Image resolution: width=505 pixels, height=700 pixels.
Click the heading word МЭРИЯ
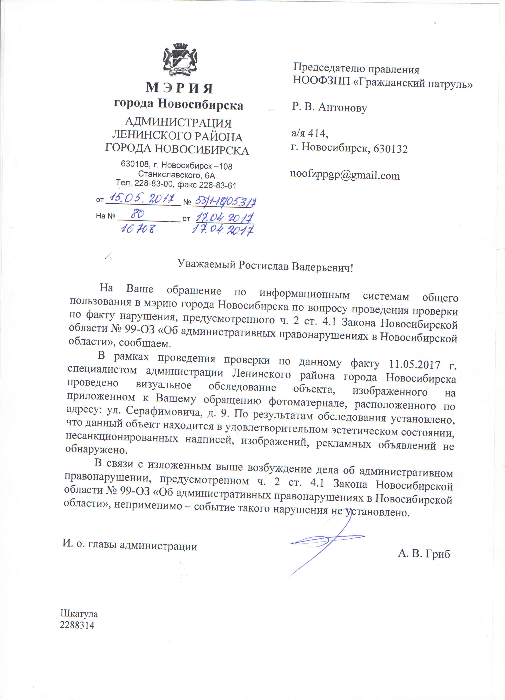click(x=179, y=88)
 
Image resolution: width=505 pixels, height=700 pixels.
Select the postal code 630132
click(x=391, y=149)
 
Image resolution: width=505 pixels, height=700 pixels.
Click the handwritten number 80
click(x=137, y=213)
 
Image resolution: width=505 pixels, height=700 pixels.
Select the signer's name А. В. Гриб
click(x=424, y=554)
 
